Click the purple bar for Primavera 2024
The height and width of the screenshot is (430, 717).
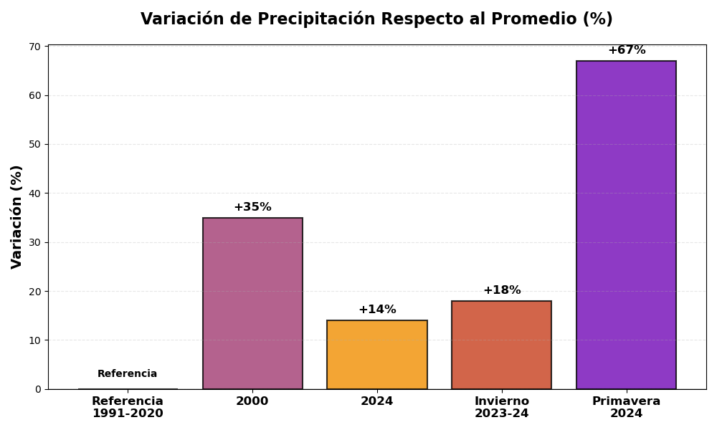[x=626, y=225]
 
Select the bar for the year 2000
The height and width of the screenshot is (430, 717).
[x=252, y=303]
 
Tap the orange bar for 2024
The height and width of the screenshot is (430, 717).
[x=377, y=355]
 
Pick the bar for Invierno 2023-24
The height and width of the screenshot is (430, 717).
[x=501, y=345]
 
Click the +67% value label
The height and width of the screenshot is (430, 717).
[x=627, y=50]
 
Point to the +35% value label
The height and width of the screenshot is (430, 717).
[x=252, y=207]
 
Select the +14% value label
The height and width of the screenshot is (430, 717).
[x=377, y=310]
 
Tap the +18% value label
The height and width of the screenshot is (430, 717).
[x=502, y=290]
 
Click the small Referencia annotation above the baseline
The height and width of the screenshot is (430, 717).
[x=128, y=374]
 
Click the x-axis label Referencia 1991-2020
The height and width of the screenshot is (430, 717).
[x=128, y=407]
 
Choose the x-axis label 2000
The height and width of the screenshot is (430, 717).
[x=252, y=401]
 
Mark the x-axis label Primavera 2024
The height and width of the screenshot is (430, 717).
[x=626, y=407]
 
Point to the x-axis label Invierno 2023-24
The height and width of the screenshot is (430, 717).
[x=501, y=407]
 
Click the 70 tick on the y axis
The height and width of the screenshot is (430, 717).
[x=34, y=47]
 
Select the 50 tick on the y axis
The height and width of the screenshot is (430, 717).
[x=34, y=144]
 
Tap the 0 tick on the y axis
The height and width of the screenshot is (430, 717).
[x=38, y=389]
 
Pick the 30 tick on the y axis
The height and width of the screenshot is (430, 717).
[x=34, y=242]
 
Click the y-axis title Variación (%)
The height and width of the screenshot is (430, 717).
[x=17, y=216]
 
